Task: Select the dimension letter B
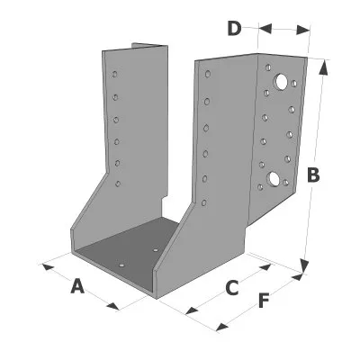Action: tap(313, 175)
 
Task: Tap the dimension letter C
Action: tap(231, 288)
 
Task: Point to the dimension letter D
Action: tap(234, 28)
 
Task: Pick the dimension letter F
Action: tap(264, 301)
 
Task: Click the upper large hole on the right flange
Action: tap(282, 81)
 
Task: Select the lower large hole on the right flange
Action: tap(274, 178)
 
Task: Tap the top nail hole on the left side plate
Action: tap(114, 74)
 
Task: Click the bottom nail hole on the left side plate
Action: tap(118, 184)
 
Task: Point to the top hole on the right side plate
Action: tap(208, 74)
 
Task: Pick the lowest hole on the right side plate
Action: tap(204, 202)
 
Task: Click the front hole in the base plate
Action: tap(121, 265)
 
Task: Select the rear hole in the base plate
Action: tap(156, 249)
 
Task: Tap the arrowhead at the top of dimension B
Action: tap(323, 67)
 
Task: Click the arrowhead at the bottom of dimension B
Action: tap(304, 265)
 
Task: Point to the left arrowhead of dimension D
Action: tap(265, 29)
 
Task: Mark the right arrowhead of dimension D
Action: tap(303, 30)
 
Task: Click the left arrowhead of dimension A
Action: tap(49, 266)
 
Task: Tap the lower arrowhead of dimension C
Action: tap(192, 310)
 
